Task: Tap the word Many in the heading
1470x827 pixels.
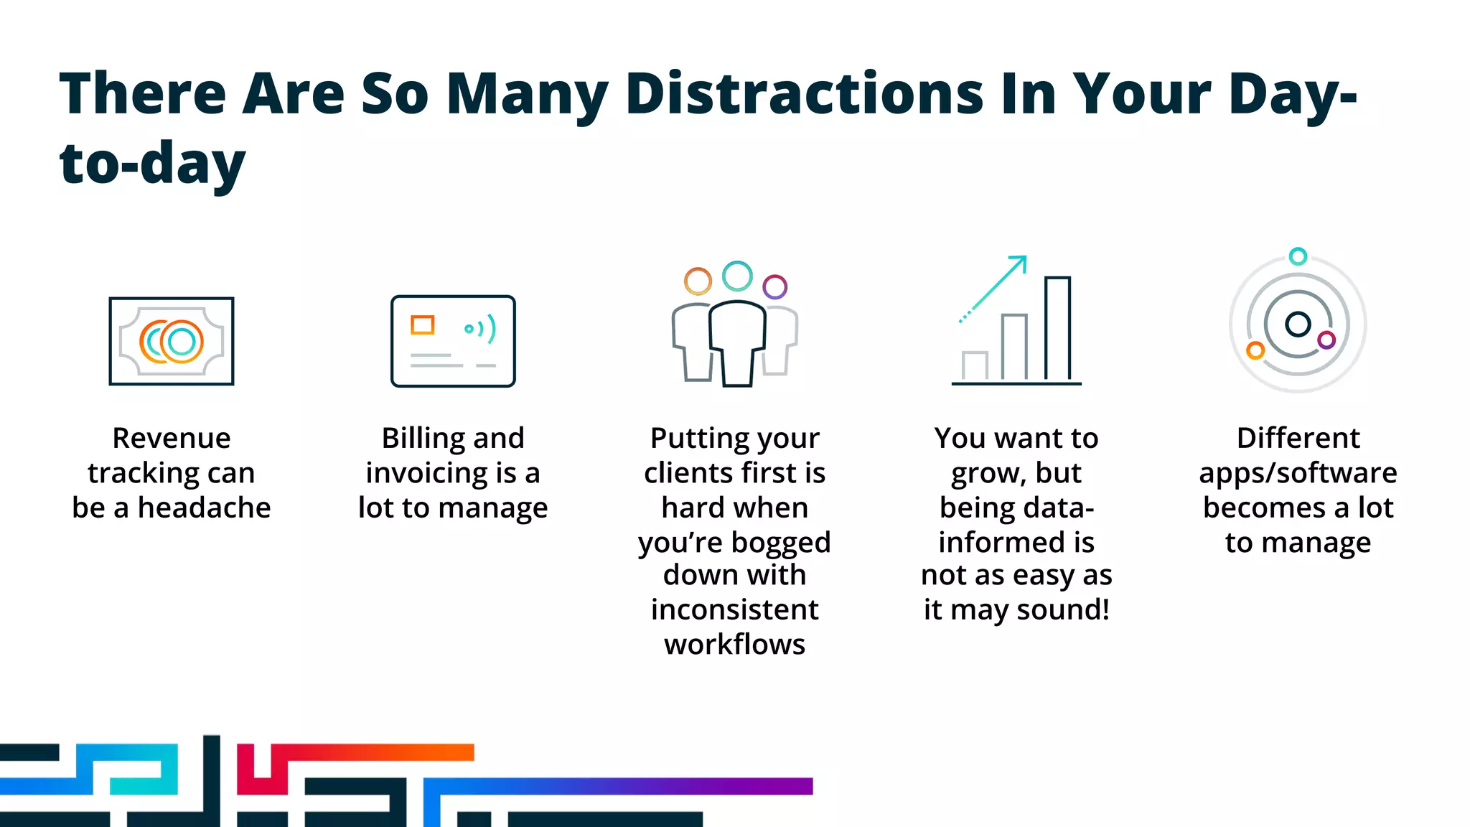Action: coord(527,95)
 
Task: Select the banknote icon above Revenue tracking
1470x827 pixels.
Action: coord(172,341)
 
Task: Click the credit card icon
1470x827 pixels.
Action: coord(453,341)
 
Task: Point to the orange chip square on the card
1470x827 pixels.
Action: coord(422,325)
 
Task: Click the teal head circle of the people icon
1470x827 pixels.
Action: coord(737,276)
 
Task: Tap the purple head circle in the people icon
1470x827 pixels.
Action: coord(774,287)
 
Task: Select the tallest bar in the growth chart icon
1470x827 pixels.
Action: coord(1057,328)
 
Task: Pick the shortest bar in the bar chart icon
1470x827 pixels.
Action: coord(975,365)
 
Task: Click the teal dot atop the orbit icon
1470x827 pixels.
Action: coord(1298,256)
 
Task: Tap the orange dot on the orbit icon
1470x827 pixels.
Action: coord(1255,350)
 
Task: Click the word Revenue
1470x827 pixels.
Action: coord(172,438)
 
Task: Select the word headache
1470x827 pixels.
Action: coord(205,508)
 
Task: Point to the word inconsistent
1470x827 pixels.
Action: coord(734,609)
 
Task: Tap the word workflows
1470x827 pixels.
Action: coord(734,644)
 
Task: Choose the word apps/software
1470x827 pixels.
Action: coord(1298,473)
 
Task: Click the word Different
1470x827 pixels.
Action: coord(1298,438)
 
